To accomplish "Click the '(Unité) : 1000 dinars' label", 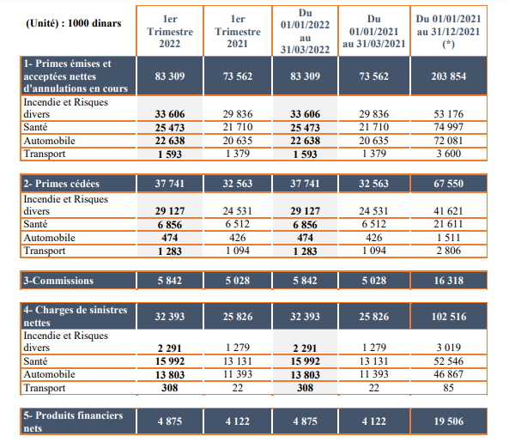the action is coord(73,23).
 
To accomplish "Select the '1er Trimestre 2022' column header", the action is coord(170,31).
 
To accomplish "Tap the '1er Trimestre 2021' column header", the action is coord(238,31).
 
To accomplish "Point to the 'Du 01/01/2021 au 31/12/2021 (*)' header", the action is coord(448,31).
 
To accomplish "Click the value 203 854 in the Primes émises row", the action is coord(449,76).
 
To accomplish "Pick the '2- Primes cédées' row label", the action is coord(61,184).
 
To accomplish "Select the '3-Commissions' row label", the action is coord(58,281).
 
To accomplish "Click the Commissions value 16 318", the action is coord(449,281).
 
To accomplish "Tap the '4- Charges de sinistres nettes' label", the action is coord(76,316).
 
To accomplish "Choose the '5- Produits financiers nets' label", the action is coord(73,421).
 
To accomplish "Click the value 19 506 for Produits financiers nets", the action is coord(449,421).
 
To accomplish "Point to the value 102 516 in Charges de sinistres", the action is coord(449,317).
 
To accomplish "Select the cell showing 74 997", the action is coord(449,127).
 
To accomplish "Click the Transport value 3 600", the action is coord(449,154).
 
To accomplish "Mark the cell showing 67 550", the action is coord(449,184).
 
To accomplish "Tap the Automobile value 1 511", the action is coord(449,238).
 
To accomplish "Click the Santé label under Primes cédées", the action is coord(35,224).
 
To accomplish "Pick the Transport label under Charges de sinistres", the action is coord(45,388).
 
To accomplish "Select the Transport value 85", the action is coord(449,388).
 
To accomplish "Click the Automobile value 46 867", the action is coord(449,374).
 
